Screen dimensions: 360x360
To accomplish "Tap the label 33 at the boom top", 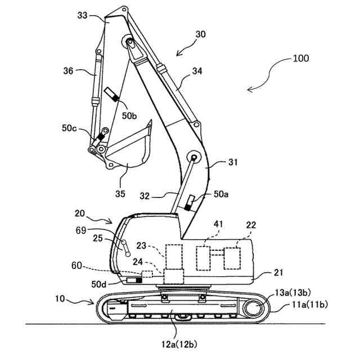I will click(82, 16).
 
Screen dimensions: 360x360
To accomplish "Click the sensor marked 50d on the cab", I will click(134, 280).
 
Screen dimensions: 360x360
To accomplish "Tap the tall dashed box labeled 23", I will click(174, 258).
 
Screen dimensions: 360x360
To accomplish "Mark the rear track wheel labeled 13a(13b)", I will click(254, 309).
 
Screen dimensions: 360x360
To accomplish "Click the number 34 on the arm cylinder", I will click(197, 71).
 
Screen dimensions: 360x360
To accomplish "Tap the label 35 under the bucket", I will click(120, 194).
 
